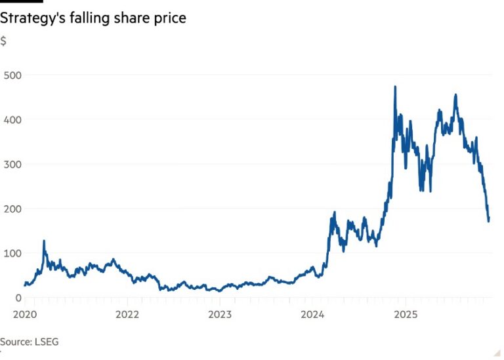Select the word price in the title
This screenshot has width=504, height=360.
coord(169,18)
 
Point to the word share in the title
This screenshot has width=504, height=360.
coord(131,18)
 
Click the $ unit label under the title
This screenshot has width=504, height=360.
coord(3,41)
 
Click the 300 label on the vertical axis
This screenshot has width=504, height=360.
coord(12,164)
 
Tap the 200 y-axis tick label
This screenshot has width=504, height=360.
coord(12,209)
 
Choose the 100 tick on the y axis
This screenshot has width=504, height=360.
coord(12,253)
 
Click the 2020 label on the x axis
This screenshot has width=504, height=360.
coord(24,314)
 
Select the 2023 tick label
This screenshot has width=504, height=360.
coord(220,314)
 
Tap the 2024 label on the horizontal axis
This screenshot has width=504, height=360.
coord(312,314)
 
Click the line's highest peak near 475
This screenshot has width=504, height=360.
coord(395,87)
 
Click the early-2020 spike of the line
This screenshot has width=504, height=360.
coord(44,241)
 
